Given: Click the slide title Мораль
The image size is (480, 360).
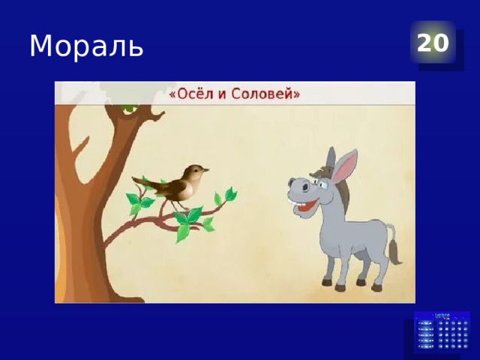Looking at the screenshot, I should (86, 46).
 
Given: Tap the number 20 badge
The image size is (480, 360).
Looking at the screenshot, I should (433, 43).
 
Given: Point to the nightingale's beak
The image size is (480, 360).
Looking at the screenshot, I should (206, 170).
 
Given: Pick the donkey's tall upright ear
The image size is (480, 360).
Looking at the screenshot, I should (344, 166).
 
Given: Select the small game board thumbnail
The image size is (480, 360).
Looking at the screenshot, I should (442, 332).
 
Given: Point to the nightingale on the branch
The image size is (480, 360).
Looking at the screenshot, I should (180, 183).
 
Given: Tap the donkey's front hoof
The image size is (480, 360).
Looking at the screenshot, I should (327, 283).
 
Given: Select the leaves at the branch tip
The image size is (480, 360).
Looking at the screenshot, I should (225, 196).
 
